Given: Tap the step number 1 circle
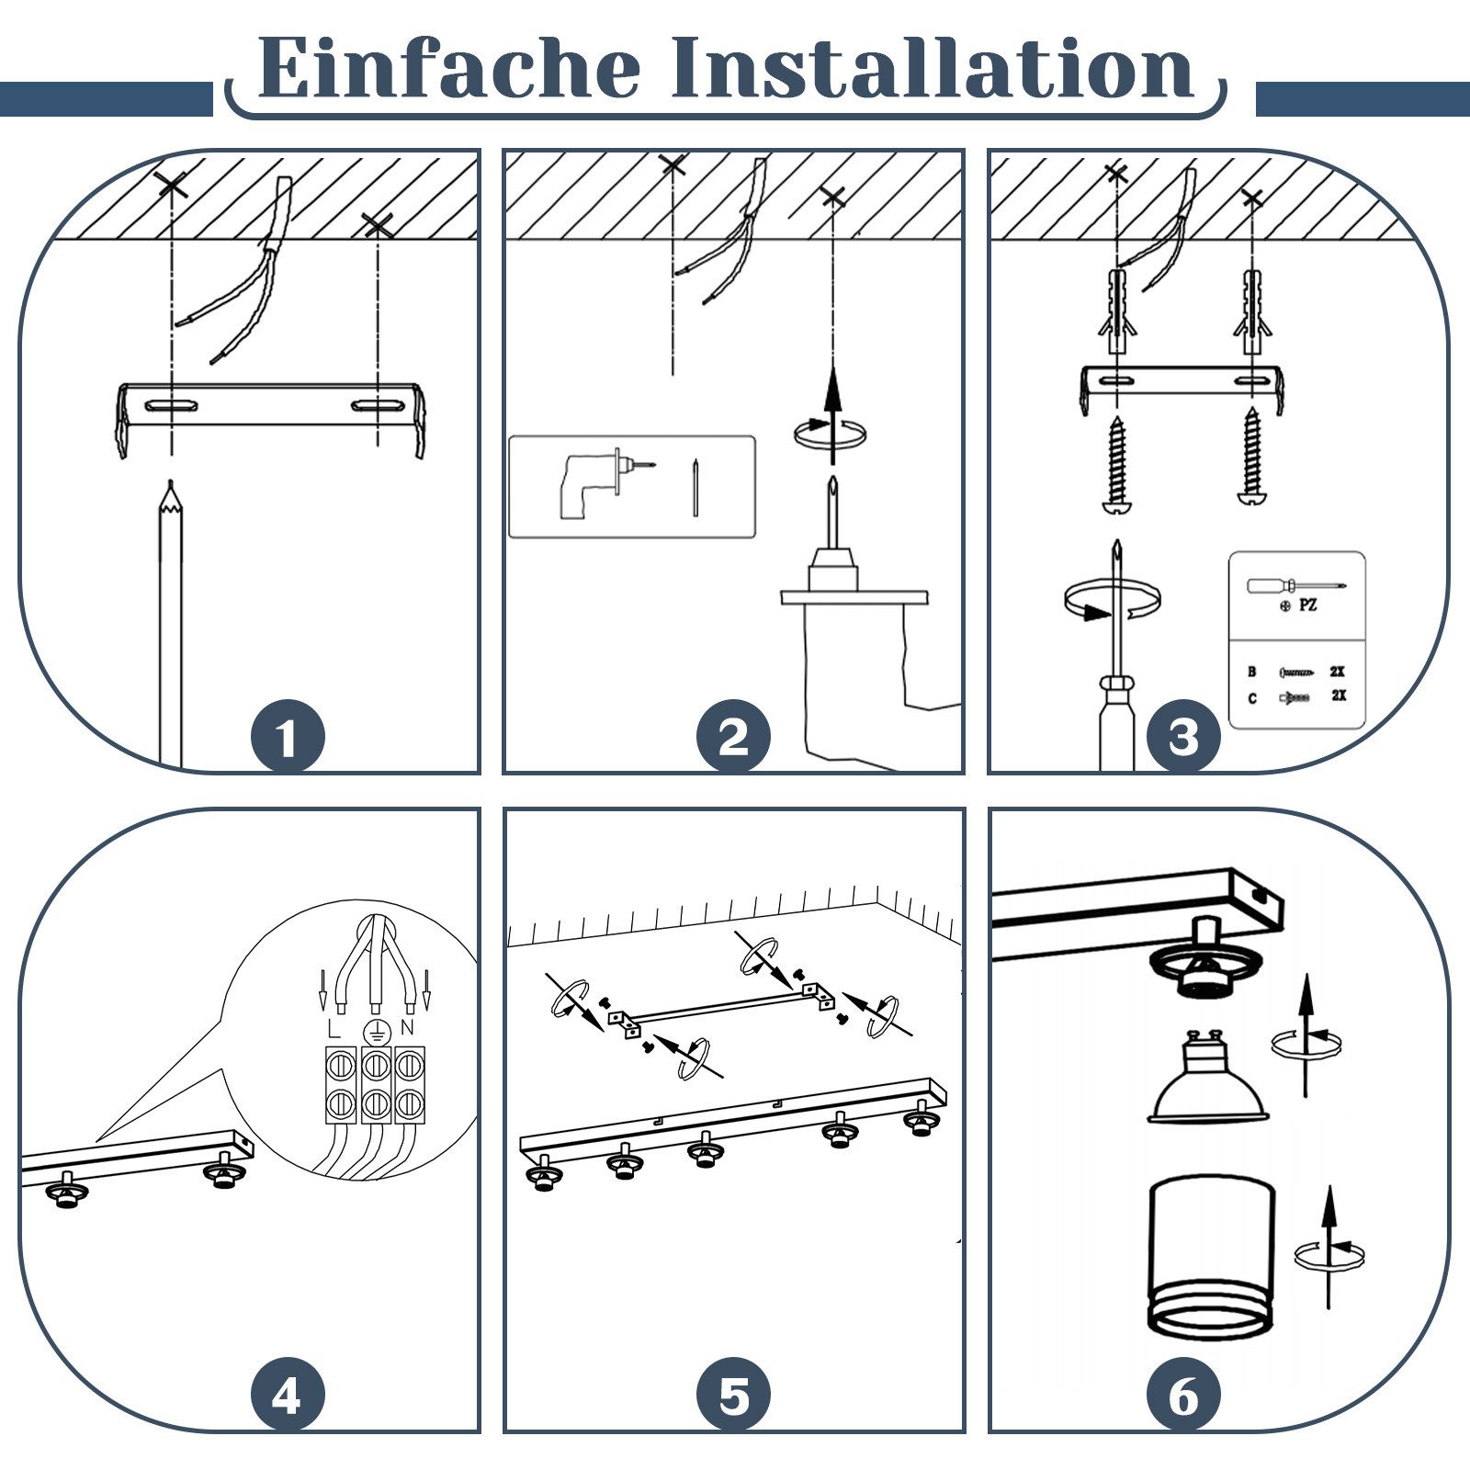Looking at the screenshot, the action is click(288, 737).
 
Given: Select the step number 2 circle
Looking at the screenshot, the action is click(733, 737).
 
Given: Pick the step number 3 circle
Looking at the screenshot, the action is click(1183, 737).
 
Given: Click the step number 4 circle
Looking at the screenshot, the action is click(288, 1396).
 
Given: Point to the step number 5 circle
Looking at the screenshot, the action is click(733, 1396).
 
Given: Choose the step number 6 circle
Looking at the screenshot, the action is click(1183, 1396).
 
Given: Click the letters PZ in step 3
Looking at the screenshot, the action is click(1308, 606).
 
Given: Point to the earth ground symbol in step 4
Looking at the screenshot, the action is click(375, 1031).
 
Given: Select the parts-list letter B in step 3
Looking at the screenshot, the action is click(1252, 673).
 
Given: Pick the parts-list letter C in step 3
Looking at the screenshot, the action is click(1252, 699).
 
